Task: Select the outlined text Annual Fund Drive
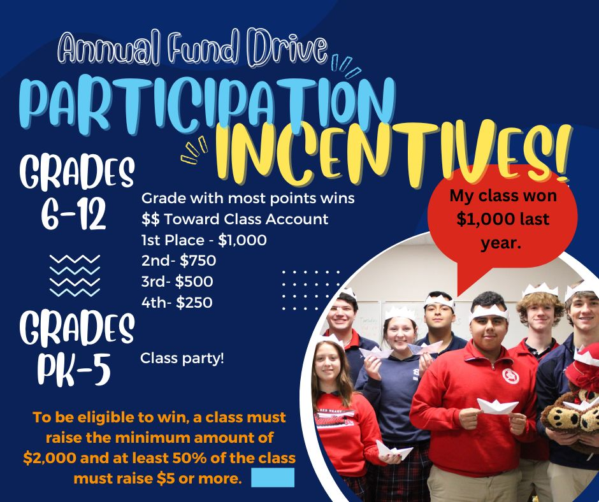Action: pyautogui.click(x=193, y=48)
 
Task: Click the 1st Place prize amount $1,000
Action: pyautogui.click(x=242, y=240)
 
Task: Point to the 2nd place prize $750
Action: pyautogui.click(x=198, y=261)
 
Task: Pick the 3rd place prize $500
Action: pyautogui.click(x=194, y=282)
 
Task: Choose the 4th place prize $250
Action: pyautogui.click(x=194, y=303)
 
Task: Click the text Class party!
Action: pyautogui.click(x=182, y=359)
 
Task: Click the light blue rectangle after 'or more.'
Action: pyautogui.click(x=273, y=477)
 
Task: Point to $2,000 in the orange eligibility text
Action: pyautogui.click(x=49, y=457)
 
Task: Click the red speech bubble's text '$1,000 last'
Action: pyautogui.click(x=503, y=219)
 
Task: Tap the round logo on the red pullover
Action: pyautogui.click(x=510, y=376)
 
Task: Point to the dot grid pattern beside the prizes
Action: pyautogui.click(x=310, y=290)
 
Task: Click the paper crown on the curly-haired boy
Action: pyautogui.click(x=540, y=290)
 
